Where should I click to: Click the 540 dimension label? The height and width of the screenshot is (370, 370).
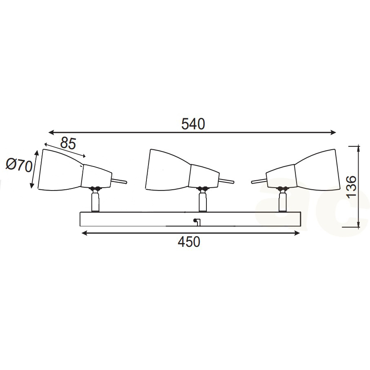pyautogui.click(x=193, y=124)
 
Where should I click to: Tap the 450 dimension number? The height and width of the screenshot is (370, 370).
pyautogui.click(x=189, y=242)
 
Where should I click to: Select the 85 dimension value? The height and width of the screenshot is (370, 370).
pyautogui.click(x=68, y=143)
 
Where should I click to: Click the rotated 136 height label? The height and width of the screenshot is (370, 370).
pyautogui.click(x=351, y=187)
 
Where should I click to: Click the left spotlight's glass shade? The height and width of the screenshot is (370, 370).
pyautogui.click(x=60, y=170)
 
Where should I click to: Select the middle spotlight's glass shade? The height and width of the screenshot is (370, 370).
pyautogui.click(x=168, y=170)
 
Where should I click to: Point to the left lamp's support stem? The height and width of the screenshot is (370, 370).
pyautogui.click(x=95, y=202)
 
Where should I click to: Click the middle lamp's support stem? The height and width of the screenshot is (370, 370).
pyautogui.click(x=203, y=202)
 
